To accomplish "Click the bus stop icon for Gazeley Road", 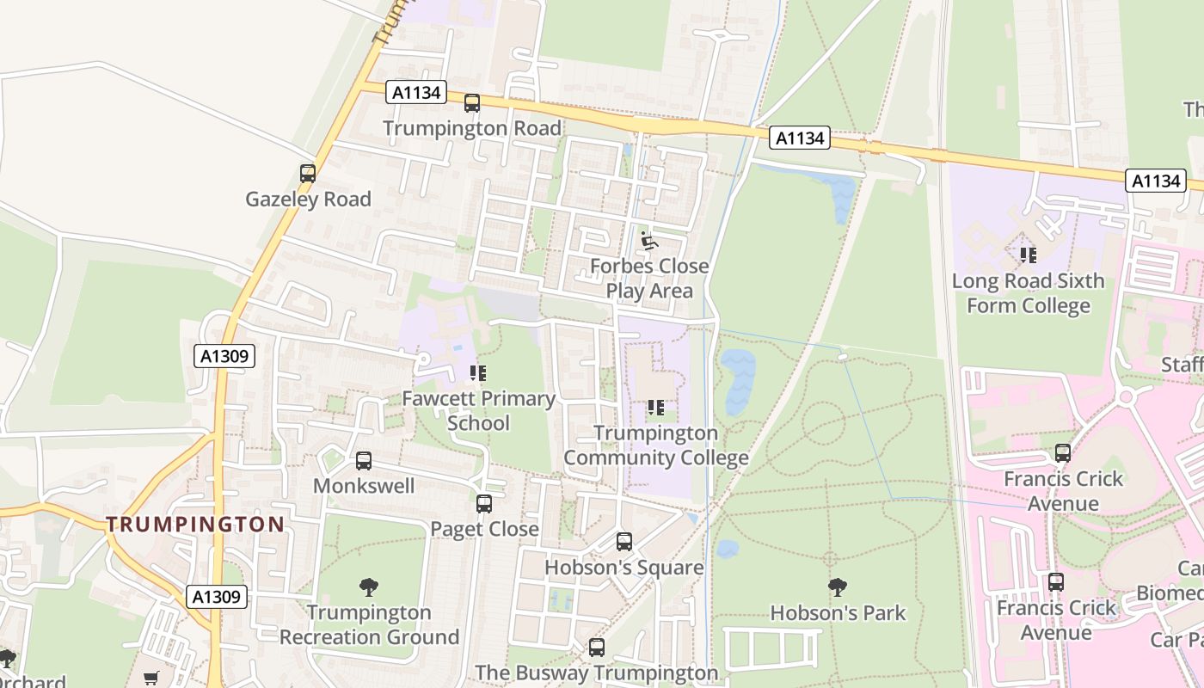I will point(307,173).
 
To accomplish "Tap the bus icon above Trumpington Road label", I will point(471,103).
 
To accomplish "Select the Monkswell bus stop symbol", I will point(363,461).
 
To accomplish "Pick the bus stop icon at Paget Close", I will point(484,504).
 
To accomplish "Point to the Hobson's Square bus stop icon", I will point(623,542).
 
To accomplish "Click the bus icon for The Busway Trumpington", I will point(596,648).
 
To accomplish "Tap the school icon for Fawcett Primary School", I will point(478,373).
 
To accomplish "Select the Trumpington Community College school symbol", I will point(655,408).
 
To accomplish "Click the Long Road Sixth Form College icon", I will point(1028,255).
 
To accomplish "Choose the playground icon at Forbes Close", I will point(648,241).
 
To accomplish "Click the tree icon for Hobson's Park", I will point(837,587).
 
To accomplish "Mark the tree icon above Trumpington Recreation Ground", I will point(368,587).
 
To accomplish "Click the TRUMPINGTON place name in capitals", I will point(195,524).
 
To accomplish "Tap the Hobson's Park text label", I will point(838,613).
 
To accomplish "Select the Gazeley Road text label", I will point(308,200).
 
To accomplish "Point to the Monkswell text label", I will point(363,486).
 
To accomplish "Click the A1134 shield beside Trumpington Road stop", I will point(416,93).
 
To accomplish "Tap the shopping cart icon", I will point(151,679).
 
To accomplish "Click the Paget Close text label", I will point(484,529).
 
